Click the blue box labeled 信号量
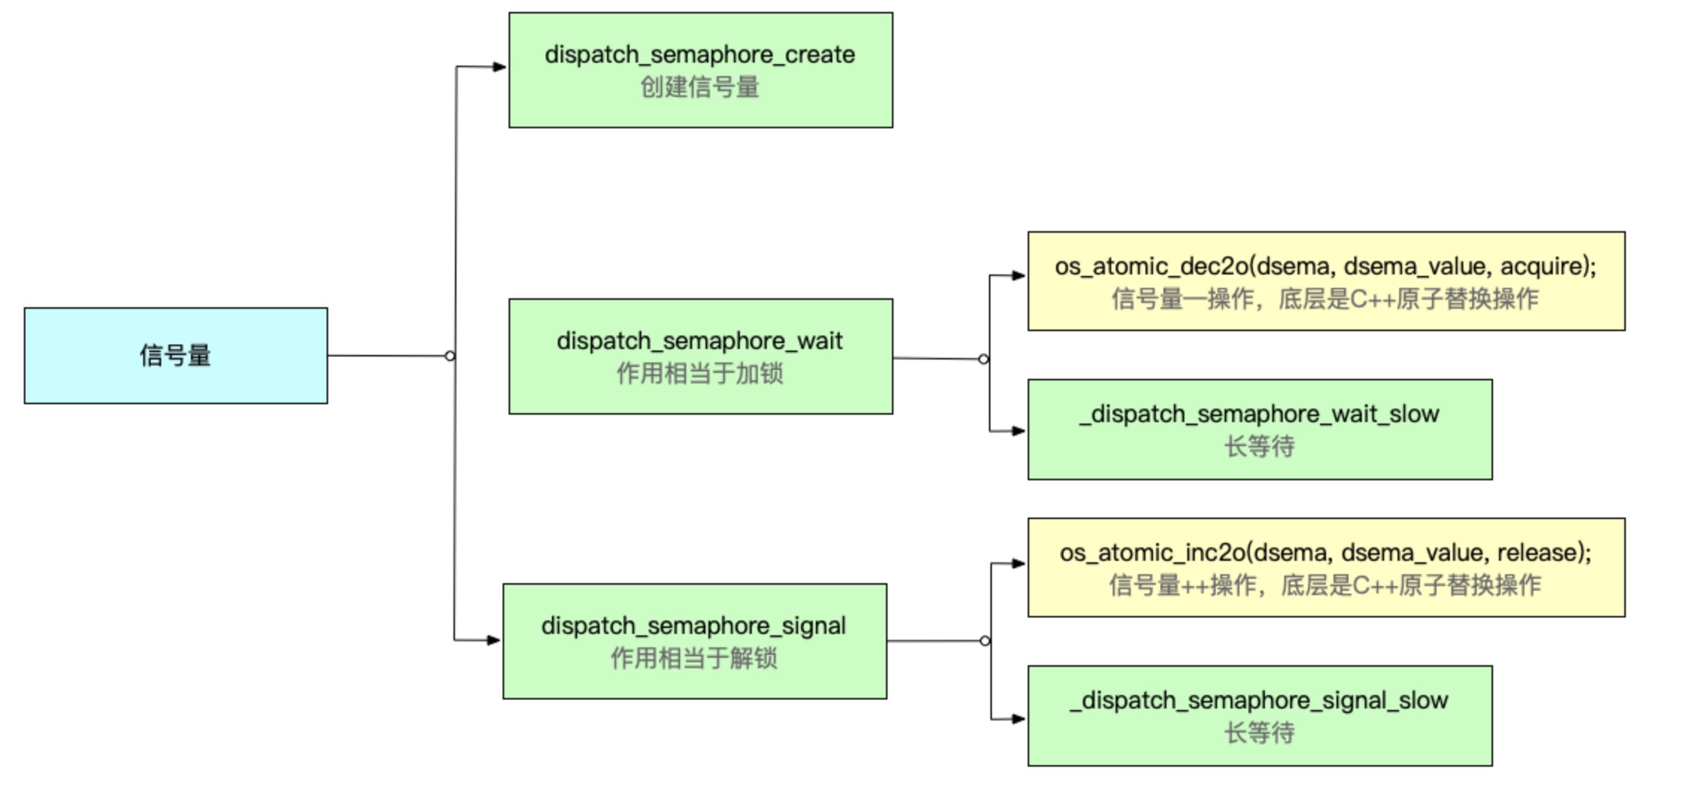pos(175,356)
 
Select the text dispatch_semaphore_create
pos(700,54)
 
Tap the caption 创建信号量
pos(700,87)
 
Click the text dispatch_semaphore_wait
pos(700,341)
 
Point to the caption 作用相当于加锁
pos(700,373)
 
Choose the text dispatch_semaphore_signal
pos(694,626)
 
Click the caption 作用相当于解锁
pos(694,659)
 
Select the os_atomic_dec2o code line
pos(1325,266)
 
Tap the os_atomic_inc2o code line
pos(1325,553)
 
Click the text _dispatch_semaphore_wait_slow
pos(1259,414)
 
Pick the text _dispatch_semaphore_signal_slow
pos(1259,700)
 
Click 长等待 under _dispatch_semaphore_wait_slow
pos(1259,447)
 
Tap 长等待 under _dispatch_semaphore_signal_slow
pos(1259,733)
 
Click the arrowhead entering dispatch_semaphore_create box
pos(499,67)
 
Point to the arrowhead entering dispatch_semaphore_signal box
pos(493,640)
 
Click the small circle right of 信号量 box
pos(450,356)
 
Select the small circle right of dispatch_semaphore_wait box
pos(984,359)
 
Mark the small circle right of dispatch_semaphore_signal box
pos(985,641)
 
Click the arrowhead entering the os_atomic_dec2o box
pos(1018,276)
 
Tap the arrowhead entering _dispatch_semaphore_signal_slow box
pos(1018,719)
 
